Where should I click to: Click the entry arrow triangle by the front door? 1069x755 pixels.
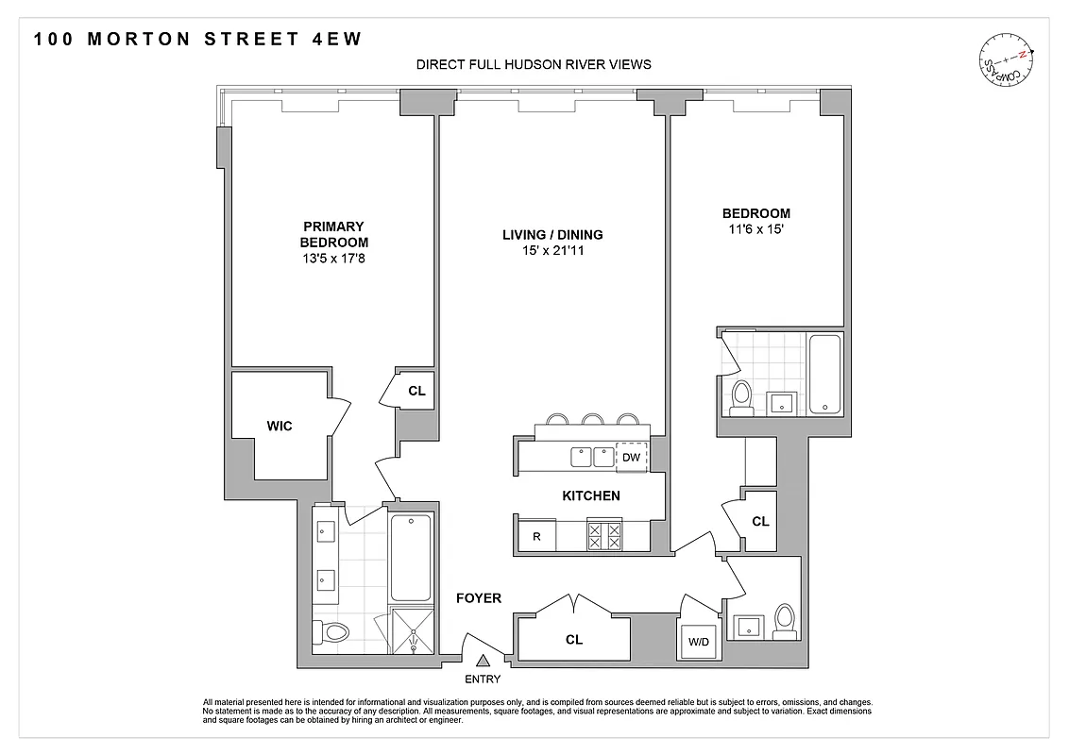click(483, 663)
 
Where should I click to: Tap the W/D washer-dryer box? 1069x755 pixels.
click(698, 643)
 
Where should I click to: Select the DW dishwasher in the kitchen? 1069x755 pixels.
click(632, 458)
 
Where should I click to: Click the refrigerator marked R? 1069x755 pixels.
click(536, 537)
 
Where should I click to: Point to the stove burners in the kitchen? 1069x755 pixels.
click(604, 537)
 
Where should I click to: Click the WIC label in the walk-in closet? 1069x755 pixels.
click(280, 427)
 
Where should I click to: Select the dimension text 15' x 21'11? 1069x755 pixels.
click(552, 252)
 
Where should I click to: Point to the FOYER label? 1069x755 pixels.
click(478, 598)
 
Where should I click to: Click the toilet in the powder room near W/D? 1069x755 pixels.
click(783, 622)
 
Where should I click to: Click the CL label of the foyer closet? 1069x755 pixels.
click(573, 640)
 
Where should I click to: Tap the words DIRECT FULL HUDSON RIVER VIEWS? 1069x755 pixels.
click(534, 65)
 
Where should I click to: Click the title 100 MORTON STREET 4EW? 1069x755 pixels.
click(197, 40)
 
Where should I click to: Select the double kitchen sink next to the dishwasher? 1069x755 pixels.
click(592, 458)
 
